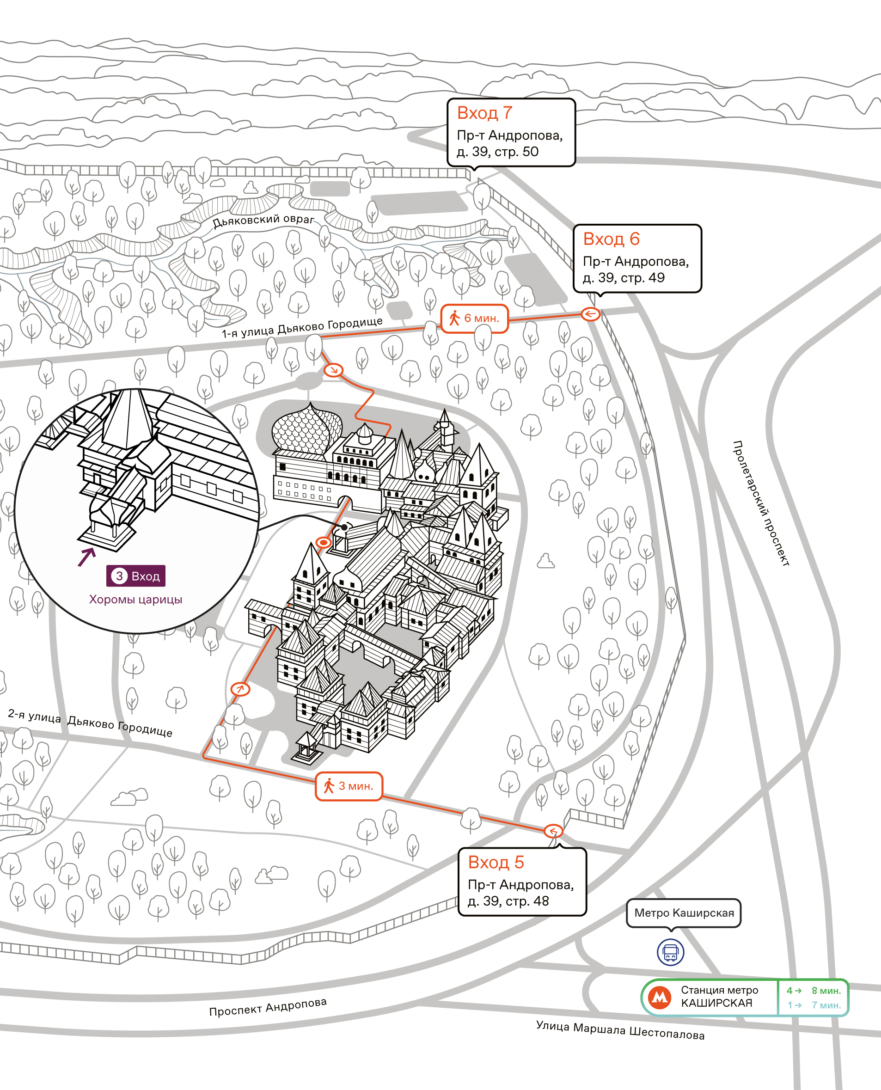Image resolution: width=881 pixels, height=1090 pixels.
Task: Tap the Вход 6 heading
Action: coord(611,239)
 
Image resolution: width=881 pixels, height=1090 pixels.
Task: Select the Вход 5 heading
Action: coord(496,862)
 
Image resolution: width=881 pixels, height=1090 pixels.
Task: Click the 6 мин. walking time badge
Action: coord(474,318)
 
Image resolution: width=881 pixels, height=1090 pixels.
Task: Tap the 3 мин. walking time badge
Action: coord(349,786)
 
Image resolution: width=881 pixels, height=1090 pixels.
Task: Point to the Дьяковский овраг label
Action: coord(263,220)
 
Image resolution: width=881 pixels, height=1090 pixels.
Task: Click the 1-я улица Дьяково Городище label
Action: coord(302,327)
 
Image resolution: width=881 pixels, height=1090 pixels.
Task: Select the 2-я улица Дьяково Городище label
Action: coord(90,723)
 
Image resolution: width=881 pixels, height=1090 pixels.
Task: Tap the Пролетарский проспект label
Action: coord(761,503)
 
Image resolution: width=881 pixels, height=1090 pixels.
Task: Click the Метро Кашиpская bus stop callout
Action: coord(684,913)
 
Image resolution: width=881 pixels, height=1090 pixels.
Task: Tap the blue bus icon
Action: coord(670,952)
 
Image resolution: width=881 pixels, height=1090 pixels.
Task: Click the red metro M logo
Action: coord(660,997)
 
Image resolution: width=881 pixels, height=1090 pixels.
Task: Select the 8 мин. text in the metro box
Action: coord(826,991)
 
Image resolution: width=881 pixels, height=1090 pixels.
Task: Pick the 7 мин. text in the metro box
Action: coord(826,1005)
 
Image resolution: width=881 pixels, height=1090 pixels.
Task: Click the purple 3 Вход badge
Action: coord(135,576)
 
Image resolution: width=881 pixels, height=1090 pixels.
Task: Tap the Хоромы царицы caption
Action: coord(135,599)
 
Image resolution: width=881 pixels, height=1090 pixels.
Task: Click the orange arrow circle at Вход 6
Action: coord(590,314)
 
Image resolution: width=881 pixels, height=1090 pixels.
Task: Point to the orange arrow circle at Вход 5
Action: coord(553,831)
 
